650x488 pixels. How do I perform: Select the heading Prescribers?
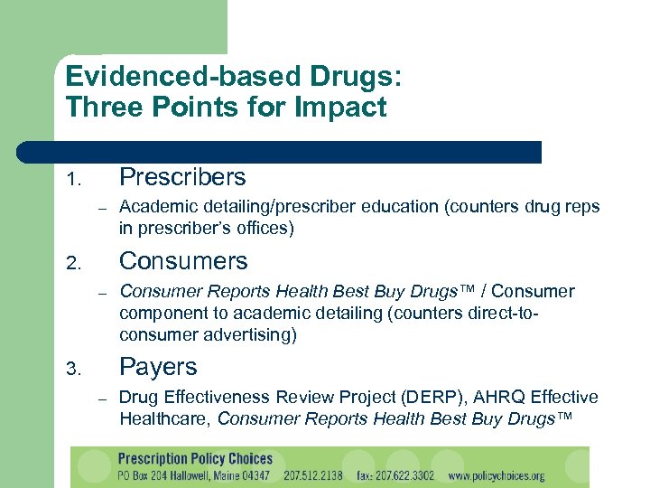point(182,176)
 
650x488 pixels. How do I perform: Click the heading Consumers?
point(183,261)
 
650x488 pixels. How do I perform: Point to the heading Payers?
point(158,367)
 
